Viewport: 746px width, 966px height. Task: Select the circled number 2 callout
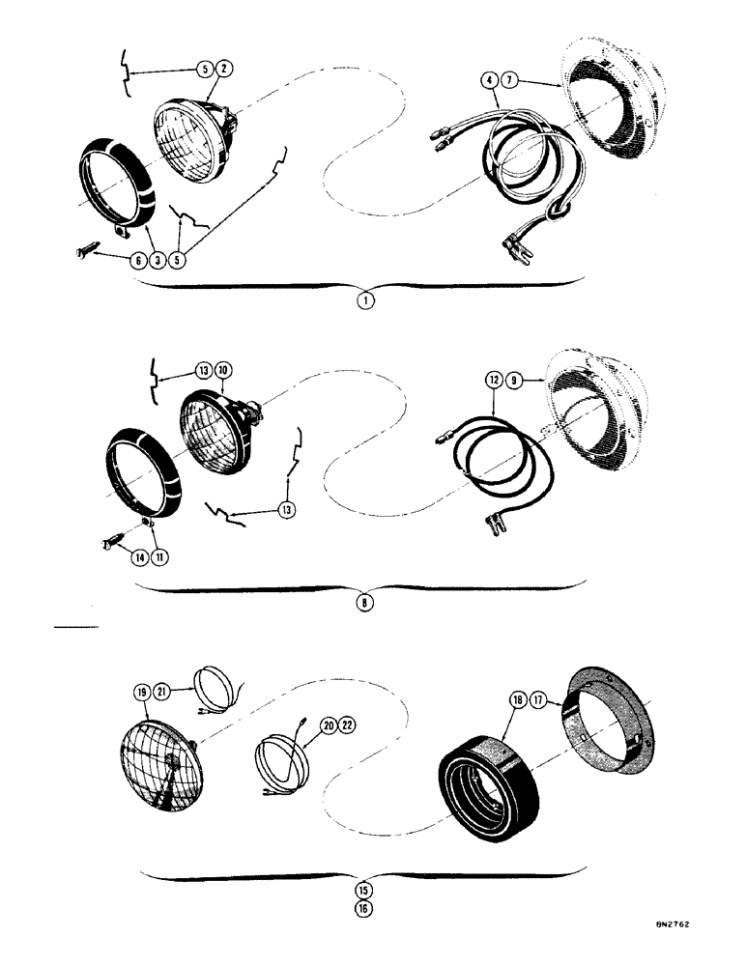click(223, 69)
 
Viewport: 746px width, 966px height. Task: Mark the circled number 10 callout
click(223, 371)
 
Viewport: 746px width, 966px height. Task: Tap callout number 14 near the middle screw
click(135, 557)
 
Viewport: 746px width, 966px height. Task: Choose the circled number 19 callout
click(142, 692)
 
